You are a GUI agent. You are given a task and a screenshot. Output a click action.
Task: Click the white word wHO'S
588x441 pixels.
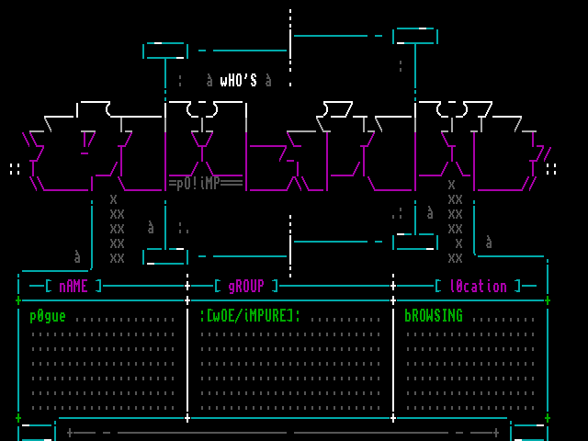pyautogui.click(x=239, y=81)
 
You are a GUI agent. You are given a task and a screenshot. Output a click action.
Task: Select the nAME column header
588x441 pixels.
pyautogui.click(x=73, y=286)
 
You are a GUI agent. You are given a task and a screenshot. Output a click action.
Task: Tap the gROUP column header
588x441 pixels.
pyautogui.click(x=246, y=286)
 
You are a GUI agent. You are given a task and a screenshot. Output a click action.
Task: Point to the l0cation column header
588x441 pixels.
pyautogui.click(x=478, y=286)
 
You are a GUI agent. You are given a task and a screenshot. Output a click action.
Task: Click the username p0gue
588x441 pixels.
pyautogui.click(x=48, y=316)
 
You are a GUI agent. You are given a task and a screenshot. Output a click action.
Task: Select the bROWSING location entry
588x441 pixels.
pyautogui.click(x=434, y=316)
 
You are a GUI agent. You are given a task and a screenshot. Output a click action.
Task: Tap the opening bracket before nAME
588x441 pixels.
pyautogui.click(x=48, y=286)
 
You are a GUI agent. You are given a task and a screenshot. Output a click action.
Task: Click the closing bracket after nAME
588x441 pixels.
pyautogui.click(x=99, y=286)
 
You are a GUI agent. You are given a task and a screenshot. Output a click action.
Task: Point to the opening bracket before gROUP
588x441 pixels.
pyautogui.click(x=217, y=286)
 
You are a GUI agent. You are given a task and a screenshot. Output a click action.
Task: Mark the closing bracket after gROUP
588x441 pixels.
pyautogui.click(x=276, y=286)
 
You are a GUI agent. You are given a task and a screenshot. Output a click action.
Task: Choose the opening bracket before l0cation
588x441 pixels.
pyautogui.click(x=437, y=286)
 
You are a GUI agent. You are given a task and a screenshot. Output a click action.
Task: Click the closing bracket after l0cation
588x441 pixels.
pyautogui.click(x=518, y=286)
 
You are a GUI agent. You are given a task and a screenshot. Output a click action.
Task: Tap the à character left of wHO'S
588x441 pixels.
pyautogui.click(x=209, y=81)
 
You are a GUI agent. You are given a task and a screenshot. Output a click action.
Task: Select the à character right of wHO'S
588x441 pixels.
pyautogui.click(x=268, y=81)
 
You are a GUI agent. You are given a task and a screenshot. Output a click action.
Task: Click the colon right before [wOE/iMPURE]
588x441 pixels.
pyautogui.click(x=202, y=316)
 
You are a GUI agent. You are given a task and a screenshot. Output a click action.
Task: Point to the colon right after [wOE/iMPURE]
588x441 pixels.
pyautogui.click(x=298, y=316)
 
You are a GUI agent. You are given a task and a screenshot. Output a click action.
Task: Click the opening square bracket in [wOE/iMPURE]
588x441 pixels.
pyautogui.click(x=209, y=316)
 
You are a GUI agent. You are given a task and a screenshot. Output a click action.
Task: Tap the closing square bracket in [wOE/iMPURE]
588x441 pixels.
pyautogui.click(x=290, y=316)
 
